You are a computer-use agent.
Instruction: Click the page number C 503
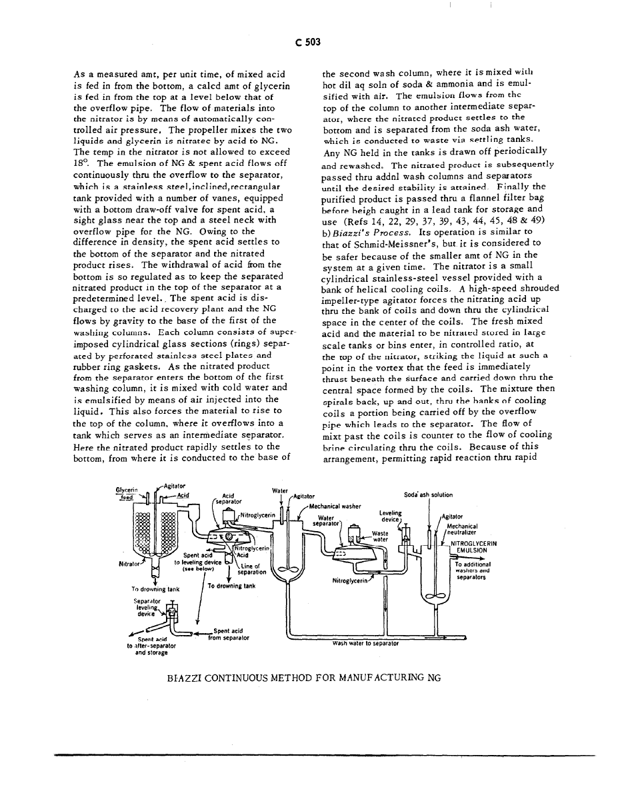[x=309, y=42]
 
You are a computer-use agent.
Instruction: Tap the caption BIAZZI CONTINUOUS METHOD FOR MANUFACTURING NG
[x=305, y=678]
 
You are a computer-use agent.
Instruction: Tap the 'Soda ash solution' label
[x=428, y=495]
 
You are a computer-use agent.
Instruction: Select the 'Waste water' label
[x=380, y=537]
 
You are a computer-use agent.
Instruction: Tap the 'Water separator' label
[x=326, y=520]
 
